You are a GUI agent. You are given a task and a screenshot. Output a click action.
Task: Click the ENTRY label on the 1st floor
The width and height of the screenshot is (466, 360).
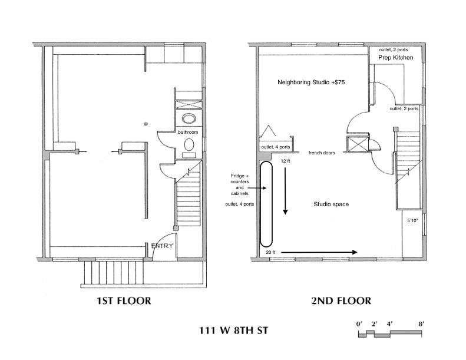[162, 246]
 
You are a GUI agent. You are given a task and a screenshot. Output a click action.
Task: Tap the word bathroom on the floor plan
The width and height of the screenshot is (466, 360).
[188, 132]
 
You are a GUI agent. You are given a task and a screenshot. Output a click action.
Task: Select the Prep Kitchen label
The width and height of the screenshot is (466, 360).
[395, 57]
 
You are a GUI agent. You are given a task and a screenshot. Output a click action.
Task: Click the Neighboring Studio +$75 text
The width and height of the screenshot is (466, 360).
[311, 82]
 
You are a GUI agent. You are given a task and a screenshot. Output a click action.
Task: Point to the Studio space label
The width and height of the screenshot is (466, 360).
[331, 204]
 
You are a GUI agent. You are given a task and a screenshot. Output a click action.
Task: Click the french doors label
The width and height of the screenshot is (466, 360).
[322, 153]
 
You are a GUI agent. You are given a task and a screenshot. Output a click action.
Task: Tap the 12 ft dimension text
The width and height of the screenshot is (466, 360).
[285, 161]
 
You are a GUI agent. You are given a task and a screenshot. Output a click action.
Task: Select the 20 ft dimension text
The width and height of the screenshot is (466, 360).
[270, 252]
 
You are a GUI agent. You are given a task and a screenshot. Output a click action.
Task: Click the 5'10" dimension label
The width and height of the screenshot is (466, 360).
[412, 220]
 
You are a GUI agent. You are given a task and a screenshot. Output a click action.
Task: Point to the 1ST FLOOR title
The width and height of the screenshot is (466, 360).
[124, 301]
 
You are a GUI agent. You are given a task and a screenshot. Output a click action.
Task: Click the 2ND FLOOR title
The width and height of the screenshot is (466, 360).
[341, 301]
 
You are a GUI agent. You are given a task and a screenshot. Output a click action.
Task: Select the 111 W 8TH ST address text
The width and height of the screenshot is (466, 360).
[234, 331]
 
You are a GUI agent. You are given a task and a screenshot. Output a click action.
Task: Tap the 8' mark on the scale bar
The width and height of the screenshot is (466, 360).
[421, 324]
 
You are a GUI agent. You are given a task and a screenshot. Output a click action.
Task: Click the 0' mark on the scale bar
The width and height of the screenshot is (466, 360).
[359, 324]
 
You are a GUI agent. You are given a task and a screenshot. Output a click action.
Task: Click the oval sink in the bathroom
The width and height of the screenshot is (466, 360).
[189, 118]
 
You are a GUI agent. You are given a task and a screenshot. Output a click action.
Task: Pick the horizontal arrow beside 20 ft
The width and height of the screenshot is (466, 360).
[319, 252]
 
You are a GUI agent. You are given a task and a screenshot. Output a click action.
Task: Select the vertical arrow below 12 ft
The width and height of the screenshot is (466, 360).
[285, 190]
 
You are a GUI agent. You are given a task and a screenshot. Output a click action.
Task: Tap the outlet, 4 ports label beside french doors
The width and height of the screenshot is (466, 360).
[276, 147]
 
